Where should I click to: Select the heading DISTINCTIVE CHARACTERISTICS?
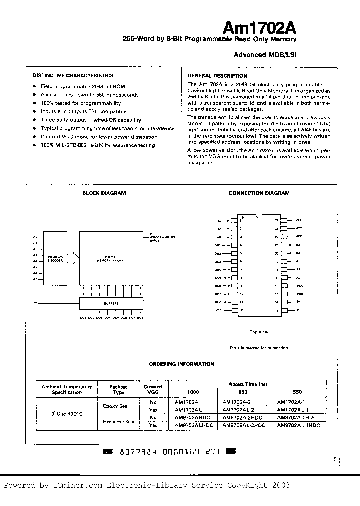pyautogui.click(x=73, y=75)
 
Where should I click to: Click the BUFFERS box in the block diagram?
pyautogui.click(x=111, y=303)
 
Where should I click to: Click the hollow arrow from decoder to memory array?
pyautogui.click(x=73, y=258)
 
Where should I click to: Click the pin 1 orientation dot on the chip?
pyautogui.click(x=242, y=218)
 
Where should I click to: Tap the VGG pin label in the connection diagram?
pyautogui.click(x=299, y=286)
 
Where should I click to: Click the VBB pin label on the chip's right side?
pyautogui.click(x=299, y=294)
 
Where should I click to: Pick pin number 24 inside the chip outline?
pyautogui.click(x=276, y=220)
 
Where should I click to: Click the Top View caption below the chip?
pyautogui.click(x=259, y=331)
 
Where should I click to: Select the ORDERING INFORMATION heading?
pyautogui.click(x=182, y=364)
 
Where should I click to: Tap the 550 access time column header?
pyautogui.click(x=297, y=392)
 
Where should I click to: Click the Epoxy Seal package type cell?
pyautogui.click(x=116, y=406)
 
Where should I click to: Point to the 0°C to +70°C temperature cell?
pyautogui.click(x=67, y=414)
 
